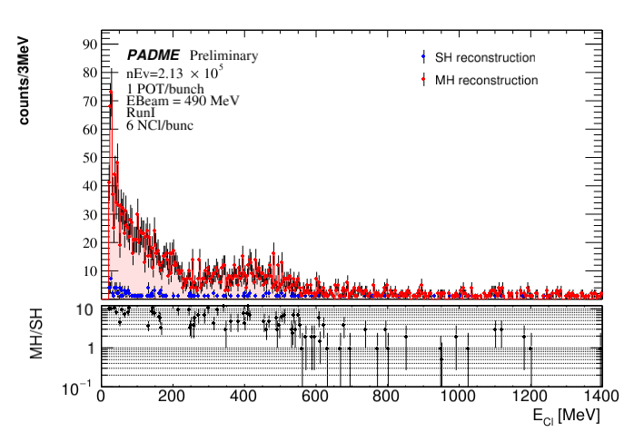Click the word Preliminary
(x=223, y=55)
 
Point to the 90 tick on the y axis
(x=90, y=44)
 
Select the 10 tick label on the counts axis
(x=90, y=271)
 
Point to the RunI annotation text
(x=140, y=113)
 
